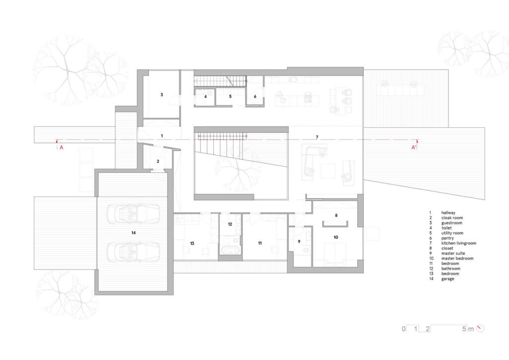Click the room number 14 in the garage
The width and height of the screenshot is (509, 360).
pos(133,233)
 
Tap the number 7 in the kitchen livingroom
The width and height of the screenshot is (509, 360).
pos(317,137)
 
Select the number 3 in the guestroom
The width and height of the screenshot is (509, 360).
pos(162,95)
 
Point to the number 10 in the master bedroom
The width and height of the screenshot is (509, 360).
pos(336,237)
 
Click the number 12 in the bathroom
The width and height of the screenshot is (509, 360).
pos(230,224)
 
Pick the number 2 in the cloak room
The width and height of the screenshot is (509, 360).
pos(158,161)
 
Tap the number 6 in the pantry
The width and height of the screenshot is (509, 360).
pos(255,96)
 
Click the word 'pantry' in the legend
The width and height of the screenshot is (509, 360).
pos(447,238)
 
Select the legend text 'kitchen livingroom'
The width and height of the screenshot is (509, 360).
pos(459,243)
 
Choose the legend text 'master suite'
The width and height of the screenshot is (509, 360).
pos(453,253)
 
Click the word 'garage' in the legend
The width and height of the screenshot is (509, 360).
pos(448,279)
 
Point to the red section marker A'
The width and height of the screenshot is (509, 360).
pos(414,147)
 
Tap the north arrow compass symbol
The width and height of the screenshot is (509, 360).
pos(480,329)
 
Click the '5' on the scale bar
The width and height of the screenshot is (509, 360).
pos(464,329)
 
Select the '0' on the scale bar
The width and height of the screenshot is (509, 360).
pos(404,329)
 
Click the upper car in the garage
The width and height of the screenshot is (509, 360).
pos(133,214)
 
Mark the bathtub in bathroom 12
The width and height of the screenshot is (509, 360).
pos(230,250)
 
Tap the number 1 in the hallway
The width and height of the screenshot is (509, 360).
pos(162,136)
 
